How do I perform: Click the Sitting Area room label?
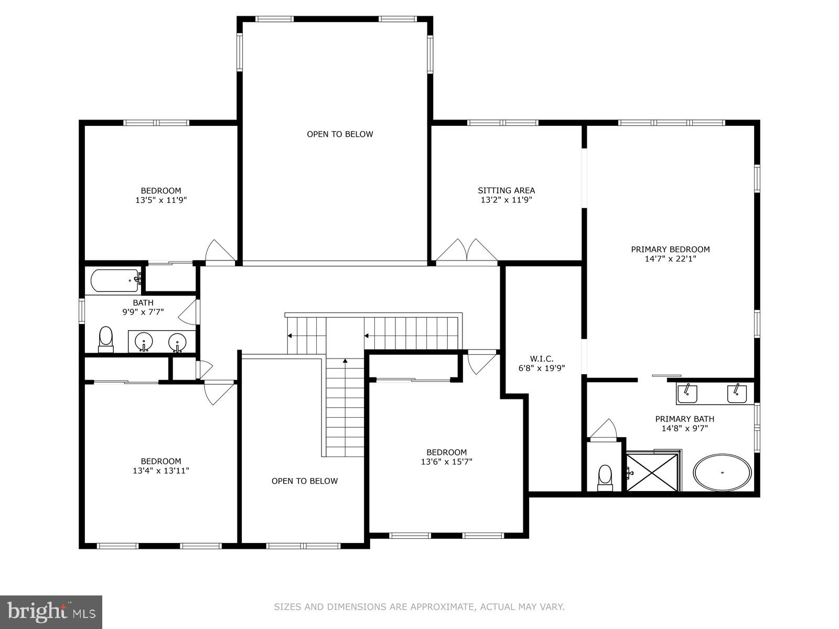tap(506, 190)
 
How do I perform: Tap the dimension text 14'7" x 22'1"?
tap(670, 258)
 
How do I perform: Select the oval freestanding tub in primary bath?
tap(723, 472)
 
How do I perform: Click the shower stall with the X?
tap(652, 472)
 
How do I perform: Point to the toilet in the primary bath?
tap(605, 476)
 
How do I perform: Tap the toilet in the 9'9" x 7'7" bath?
tap(106, 339)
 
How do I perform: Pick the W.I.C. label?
tap(541, 359)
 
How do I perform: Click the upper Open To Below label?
tap(340, 134)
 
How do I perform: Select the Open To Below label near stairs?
tap(305, 481)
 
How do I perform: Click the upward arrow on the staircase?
tap(345, 361)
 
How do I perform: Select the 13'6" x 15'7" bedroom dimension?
tap(446, 462)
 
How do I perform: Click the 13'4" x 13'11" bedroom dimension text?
tap(160, 471)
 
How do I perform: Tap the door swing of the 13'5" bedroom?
tap(219, 251)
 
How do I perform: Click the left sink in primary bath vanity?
tap(687, 393)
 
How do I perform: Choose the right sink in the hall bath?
tap(178, 343)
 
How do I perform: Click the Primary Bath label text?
tap(684, 419)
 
